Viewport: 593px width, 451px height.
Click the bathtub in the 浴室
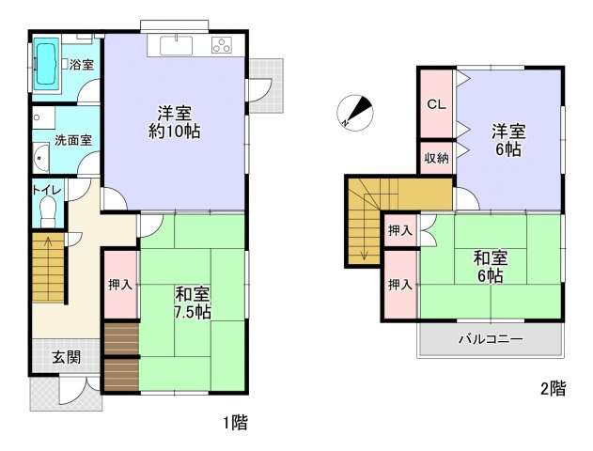pyautogui.click(x=47, y=66)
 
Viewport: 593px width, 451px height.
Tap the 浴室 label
pyautogui.click(x=82, y=65)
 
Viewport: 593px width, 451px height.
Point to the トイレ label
pyautogui.click(x=47, y=190)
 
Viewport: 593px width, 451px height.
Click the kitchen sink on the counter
pyautogui.click(x=176, y=45)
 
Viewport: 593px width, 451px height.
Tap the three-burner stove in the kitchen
pyautogui.click(x=223, y=44)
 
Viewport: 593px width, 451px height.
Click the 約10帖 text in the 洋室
pyautogui.click(x=175, y=132)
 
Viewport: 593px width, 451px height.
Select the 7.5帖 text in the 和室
pyautogui.click(x=192, y=311)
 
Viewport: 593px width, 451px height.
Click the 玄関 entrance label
pyautogui.click(x=66, y=357)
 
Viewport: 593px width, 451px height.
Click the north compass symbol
pyautogui.click(x=354, y=112)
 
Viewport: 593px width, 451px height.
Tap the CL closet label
pyautogui.click(x=436, y=104)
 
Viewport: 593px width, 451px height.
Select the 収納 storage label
pyautogui.click(x=435, y=158)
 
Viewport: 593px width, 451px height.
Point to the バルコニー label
pyautogui.click(x=491, y=339)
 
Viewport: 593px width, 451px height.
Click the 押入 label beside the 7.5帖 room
pyautogui.click(x=119, y=285)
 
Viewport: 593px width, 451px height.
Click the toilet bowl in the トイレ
pyautogui.click(x=49, y=213)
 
